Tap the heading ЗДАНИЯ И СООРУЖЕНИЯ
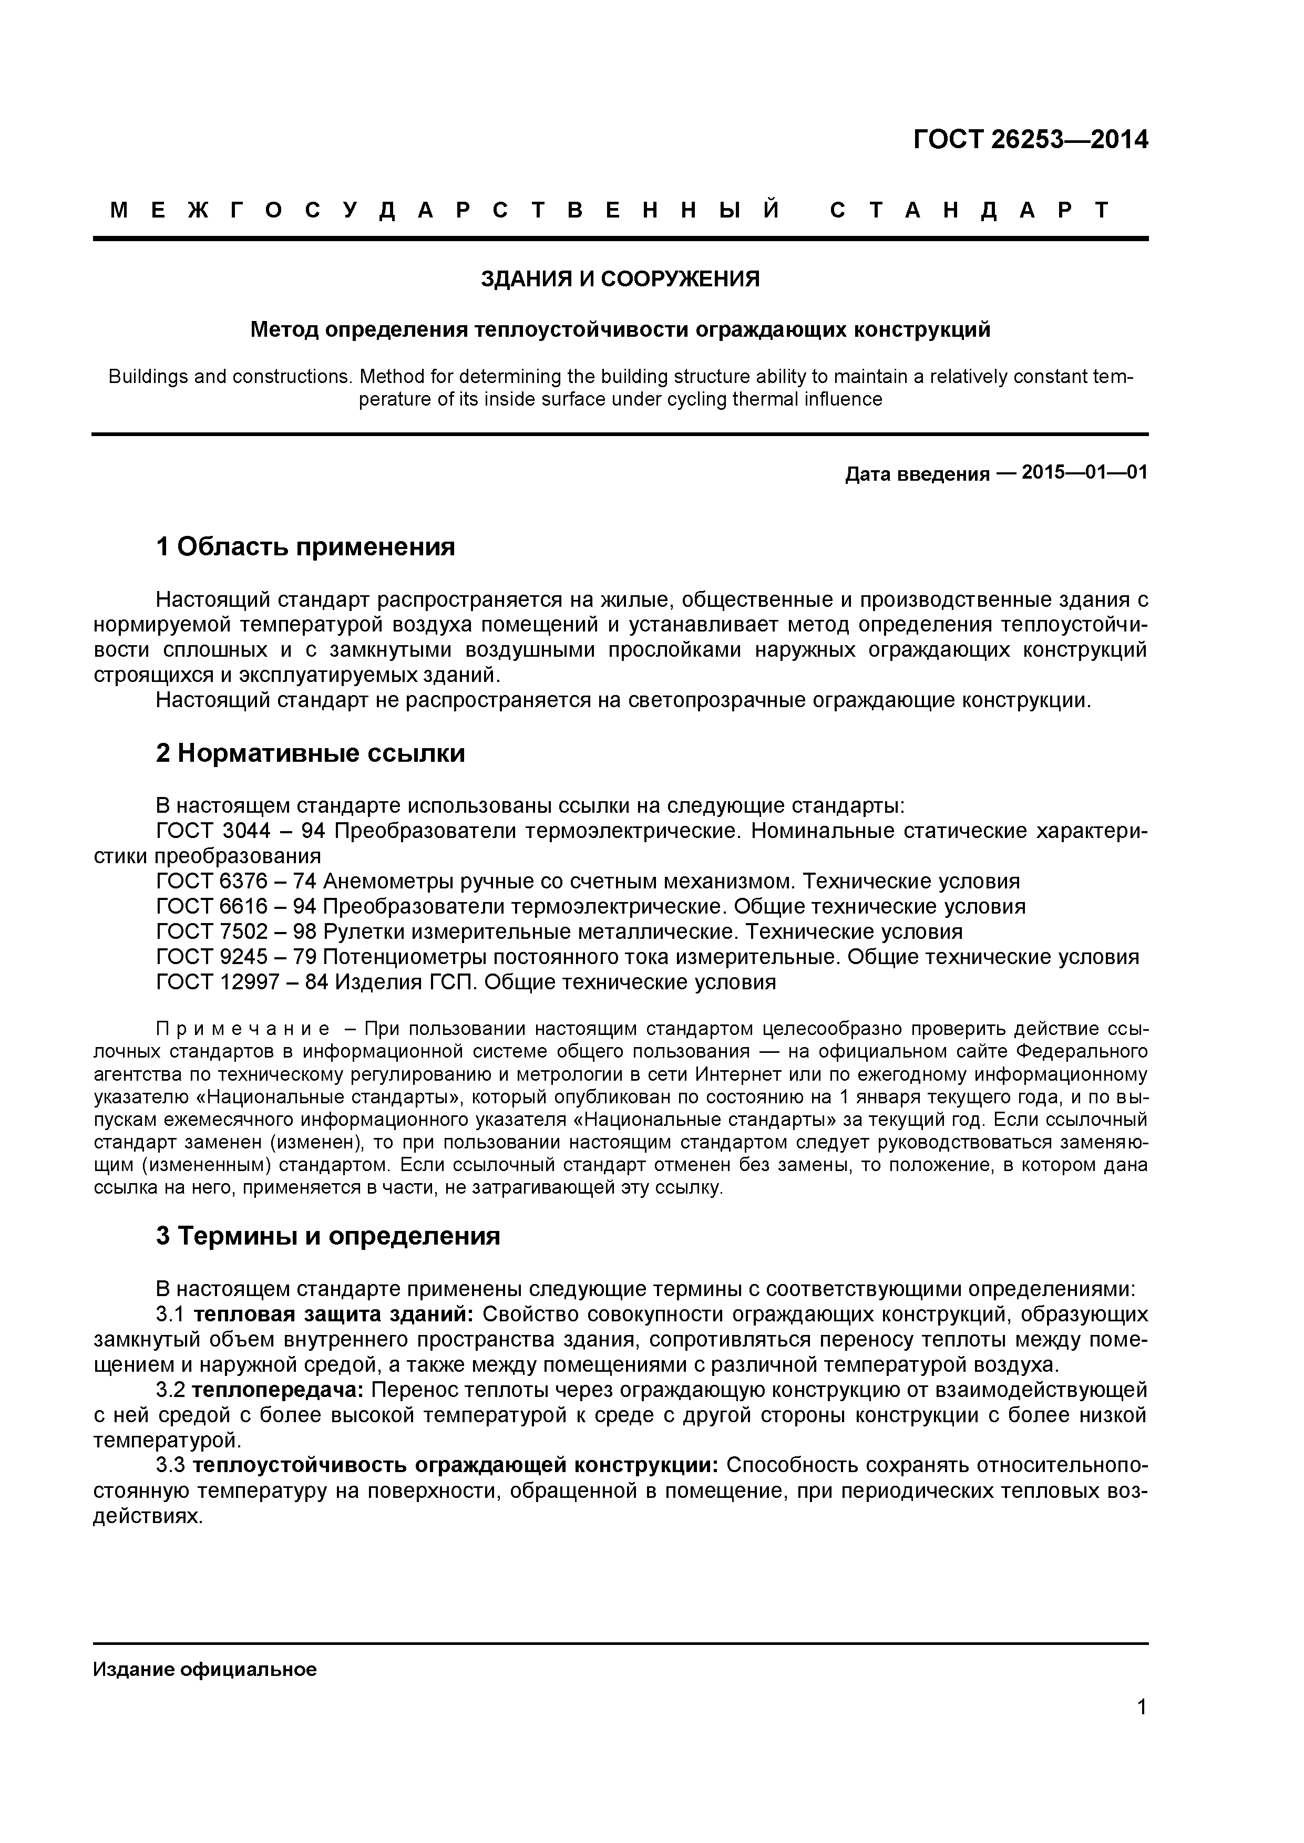pos(620,279)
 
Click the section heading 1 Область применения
pos(305,547)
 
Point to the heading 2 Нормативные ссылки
pos(310,754)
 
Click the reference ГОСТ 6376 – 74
pos(236,882)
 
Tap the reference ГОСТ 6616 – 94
pos(236,906)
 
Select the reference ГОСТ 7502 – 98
pos(236,932)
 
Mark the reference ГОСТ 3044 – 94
pos(236,831)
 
